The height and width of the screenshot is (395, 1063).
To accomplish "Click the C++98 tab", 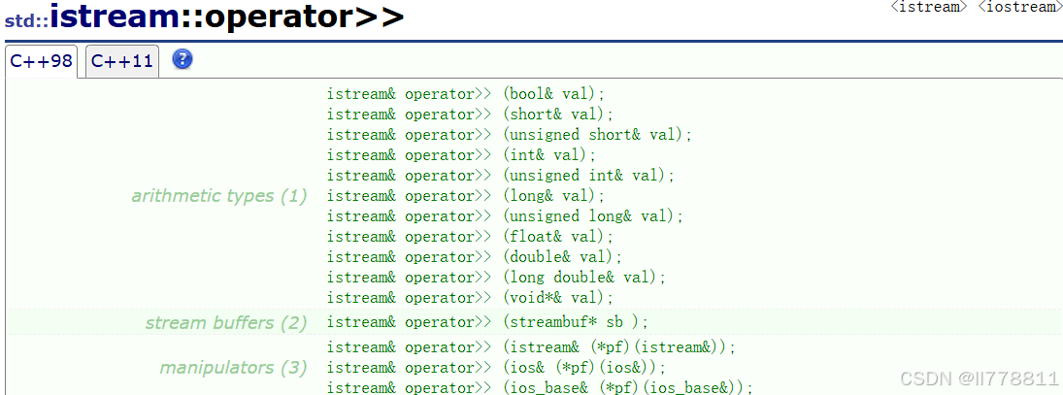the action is pos(41,61).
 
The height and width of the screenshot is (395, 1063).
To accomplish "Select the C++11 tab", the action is pos(122,61).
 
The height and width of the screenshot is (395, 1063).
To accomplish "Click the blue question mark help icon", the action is pos(183,59).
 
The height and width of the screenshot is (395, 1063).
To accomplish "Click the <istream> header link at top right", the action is pos(929,7).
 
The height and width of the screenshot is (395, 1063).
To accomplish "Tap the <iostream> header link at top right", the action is pos(1018,7).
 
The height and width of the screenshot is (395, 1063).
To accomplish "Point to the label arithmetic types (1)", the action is pos(218,196).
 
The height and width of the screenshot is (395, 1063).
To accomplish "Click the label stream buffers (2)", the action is pos(225,322).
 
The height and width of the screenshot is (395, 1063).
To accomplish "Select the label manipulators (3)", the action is pos(233,368).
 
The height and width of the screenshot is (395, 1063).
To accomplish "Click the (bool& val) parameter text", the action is pos(553,94).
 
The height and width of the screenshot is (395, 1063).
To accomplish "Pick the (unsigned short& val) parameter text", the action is pos(597,135).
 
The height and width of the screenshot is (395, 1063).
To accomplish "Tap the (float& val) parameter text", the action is pos(558,237).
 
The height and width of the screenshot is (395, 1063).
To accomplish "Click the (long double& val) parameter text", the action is pos(584,278).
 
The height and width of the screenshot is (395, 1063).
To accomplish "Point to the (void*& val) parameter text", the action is pos(558,298).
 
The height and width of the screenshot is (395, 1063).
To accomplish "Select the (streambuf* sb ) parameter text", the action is pos(575,322).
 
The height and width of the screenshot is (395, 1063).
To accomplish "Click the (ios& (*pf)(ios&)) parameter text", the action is pos(584,368).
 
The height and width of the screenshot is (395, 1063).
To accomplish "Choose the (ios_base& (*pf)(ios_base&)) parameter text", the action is pos(628,388).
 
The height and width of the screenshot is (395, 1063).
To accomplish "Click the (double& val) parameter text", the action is pos(562,257).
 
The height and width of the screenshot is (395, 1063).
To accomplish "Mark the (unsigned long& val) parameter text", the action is pos(593,216).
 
